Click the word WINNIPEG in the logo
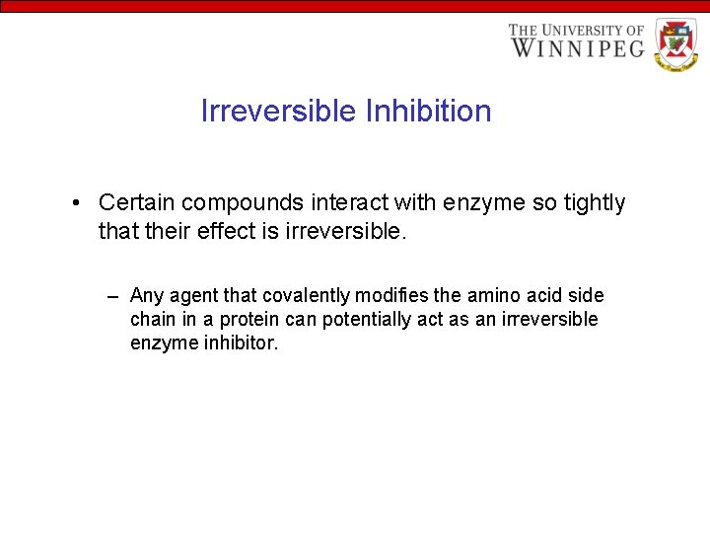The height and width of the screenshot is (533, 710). [577, 47]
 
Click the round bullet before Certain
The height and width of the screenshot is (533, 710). [76, 203]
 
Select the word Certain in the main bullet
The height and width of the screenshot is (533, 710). [137, 203]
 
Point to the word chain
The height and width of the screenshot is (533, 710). [151, 320]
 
